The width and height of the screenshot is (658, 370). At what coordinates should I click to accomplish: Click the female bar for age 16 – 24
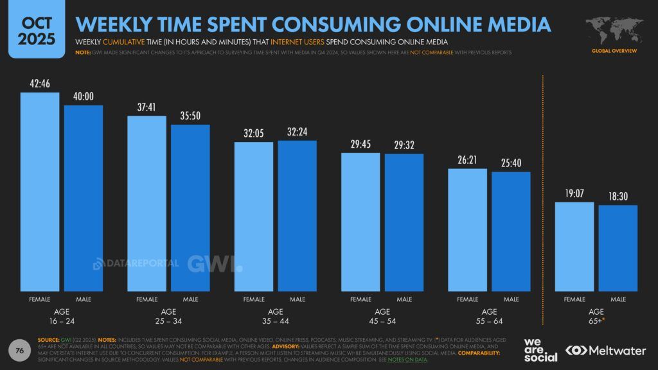coord(40,193)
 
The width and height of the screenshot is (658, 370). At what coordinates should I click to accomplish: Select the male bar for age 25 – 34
coord(190,208)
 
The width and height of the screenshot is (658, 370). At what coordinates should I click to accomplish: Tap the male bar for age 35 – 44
coord(297,216)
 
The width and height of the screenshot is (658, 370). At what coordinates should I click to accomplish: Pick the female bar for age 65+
coord(574,247)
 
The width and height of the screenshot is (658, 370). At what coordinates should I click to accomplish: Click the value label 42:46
coord(40,84)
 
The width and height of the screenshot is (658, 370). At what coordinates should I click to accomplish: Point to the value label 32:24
coord(297,132)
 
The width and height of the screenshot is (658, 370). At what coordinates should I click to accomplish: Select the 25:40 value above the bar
coord(511,163)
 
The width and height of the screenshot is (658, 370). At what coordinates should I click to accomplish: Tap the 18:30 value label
coord(618,197)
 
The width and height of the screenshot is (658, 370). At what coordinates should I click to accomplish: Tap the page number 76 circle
coord(20,351)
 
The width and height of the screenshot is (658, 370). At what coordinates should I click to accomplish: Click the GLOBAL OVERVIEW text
coord(614,49)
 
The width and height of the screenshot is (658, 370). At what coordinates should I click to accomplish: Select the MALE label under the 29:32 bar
coord(404,299)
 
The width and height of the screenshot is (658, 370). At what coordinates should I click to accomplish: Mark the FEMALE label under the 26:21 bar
coord(467,299)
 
